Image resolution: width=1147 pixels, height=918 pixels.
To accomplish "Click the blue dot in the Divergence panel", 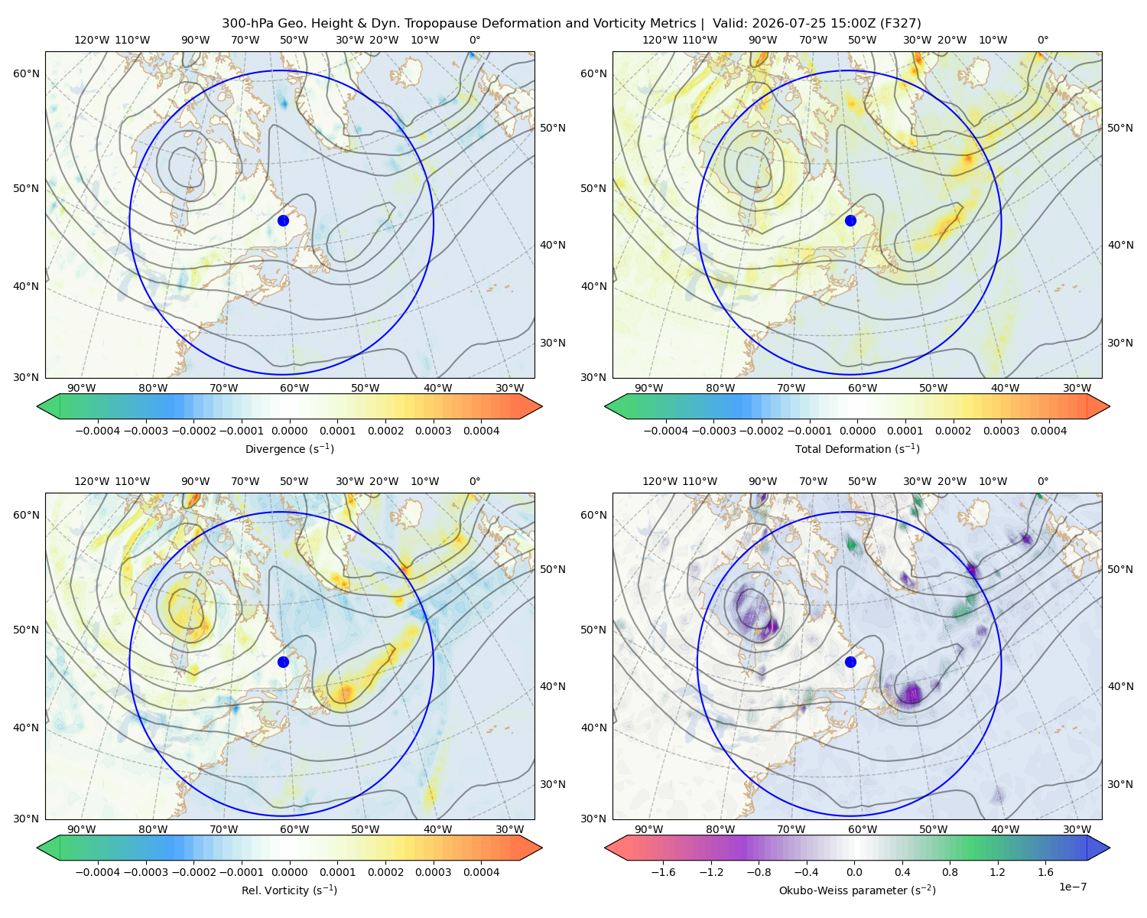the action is point(283,220).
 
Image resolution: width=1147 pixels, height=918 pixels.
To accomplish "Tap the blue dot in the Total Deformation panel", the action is point(850,220).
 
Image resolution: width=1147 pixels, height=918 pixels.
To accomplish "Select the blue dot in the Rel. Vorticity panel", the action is point(283,662).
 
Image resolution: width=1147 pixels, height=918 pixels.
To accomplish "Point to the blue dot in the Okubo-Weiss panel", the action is point(850,662).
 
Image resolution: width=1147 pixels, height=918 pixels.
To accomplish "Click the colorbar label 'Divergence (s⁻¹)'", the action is point(289,448).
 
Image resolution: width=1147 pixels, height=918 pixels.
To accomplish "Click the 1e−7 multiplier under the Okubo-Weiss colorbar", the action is point(1072,887).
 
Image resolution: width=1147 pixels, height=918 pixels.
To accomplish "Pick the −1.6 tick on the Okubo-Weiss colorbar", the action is point(663,872).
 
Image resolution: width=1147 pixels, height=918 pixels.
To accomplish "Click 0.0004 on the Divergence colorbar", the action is point(481,431).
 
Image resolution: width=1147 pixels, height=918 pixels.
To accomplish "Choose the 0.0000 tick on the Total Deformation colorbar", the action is point(857,431).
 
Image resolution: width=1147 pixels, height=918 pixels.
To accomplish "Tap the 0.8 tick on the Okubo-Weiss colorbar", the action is point(950,872).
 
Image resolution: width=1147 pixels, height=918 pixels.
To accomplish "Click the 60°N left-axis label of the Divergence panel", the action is point(26,73).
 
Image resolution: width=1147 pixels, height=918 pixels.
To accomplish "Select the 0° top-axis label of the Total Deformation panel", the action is point(1042,40).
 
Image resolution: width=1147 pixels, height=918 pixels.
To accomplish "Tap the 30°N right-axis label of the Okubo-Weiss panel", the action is point(1119,784).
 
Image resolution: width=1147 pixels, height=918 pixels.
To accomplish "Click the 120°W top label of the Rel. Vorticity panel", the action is point(92,481).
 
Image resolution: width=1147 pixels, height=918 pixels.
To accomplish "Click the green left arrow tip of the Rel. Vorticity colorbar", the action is point(37,848).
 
